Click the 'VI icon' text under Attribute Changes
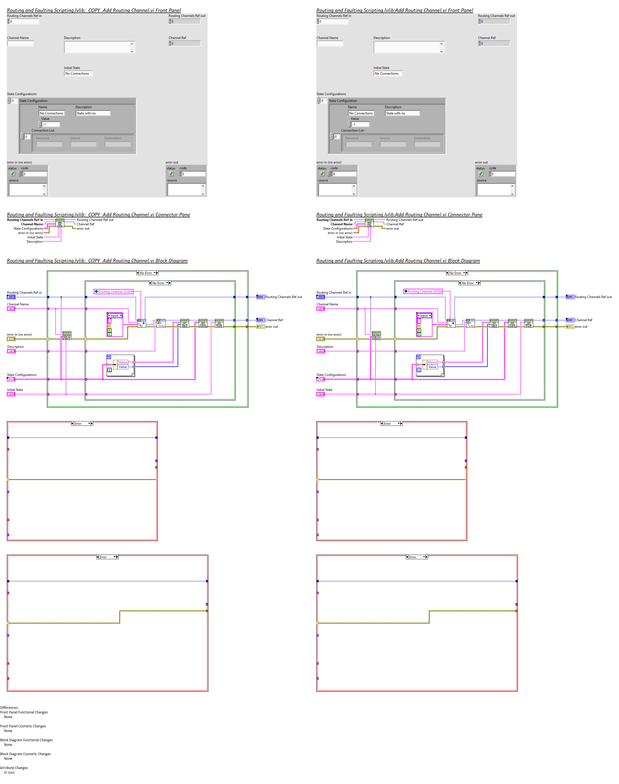[10, 772]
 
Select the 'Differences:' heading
[10, 707]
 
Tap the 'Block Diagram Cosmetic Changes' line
[25, 754]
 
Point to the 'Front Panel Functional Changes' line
[24, 712]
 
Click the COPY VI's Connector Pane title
[98, 214]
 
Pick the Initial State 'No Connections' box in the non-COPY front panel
[387, 74]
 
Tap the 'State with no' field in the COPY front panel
[93, 113]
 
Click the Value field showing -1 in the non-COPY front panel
[361, 124]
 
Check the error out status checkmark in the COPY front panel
[171, 174]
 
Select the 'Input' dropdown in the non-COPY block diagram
[424, 315]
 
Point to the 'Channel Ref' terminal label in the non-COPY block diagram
[584, 320]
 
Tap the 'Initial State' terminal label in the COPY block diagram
[15, 390]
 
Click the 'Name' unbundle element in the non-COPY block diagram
[432, 362]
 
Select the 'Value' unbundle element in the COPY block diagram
[123, 367]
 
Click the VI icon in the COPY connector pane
[60, 223]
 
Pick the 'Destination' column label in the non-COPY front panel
[422, 138]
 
